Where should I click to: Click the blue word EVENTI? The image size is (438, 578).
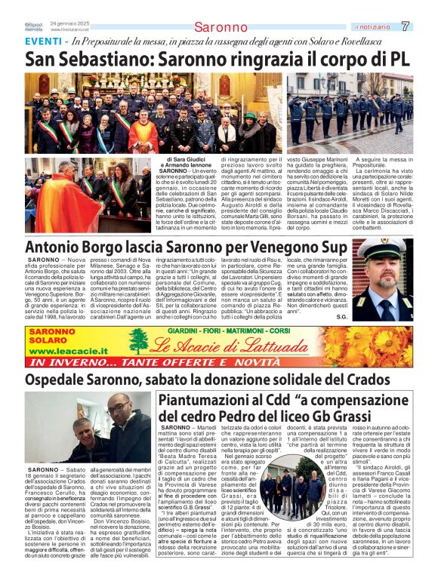tap(42, 42)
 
